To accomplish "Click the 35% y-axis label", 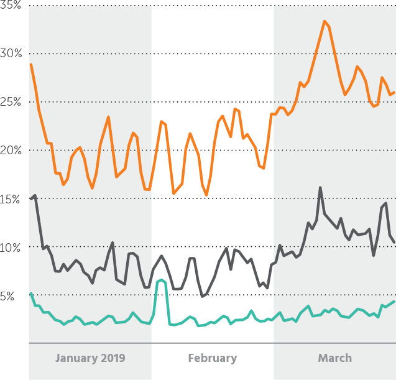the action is pos(11,5).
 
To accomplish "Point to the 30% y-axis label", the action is pos(11,53).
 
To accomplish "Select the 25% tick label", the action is pos(11,102).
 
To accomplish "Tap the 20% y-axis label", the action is pos(11,151).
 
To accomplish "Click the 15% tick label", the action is pos(10,199).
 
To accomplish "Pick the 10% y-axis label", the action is pos(10,248).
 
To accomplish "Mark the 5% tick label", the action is pos(7,296).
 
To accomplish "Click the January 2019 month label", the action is pos(90,358).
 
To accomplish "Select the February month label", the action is pos(213,358).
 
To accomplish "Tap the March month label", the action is pos(335,358).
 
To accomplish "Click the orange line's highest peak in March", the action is pos(325,21).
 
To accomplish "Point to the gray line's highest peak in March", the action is pos(320,187).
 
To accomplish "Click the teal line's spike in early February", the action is pos(162,280).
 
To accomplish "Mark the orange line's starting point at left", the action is pos(31,65).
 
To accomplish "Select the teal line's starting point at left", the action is pos(31,294).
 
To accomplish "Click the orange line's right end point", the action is pos(394,93).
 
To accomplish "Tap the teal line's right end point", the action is pos(394,302).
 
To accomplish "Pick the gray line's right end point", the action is pos(394,243).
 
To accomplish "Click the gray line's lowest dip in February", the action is pos(202,296).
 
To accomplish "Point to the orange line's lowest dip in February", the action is pos(206,195).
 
